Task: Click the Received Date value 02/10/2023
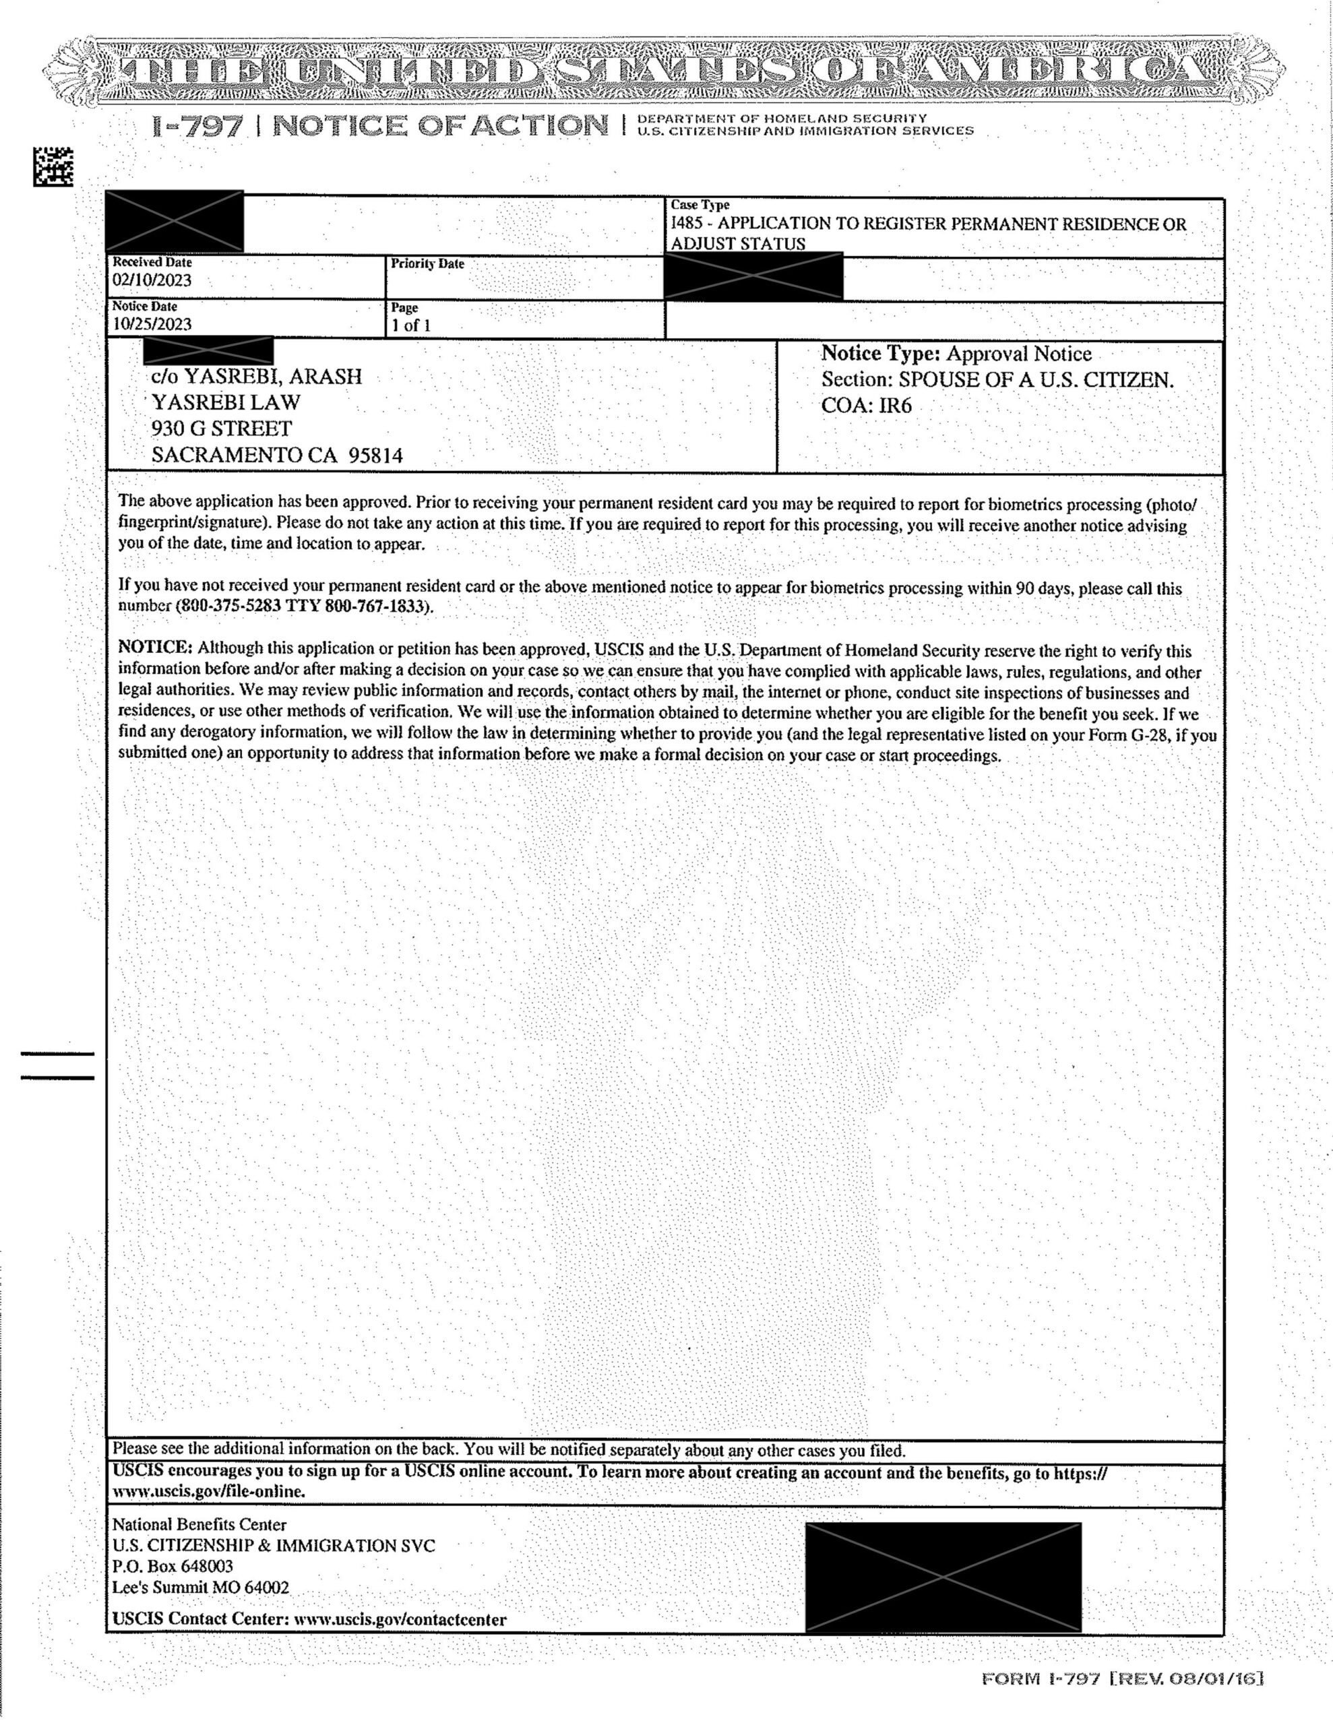152,280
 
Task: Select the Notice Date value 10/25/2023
152,325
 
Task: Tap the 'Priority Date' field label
427,264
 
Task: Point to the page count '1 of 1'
411,325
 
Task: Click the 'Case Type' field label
700,206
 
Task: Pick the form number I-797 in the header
198,127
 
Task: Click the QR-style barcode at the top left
53,166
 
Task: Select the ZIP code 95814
376,456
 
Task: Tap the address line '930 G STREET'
222,429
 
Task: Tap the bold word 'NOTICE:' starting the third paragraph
156,648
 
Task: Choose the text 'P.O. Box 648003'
173,1565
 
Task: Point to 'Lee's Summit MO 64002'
201,1587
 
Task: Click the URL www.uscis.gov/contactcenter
400,1619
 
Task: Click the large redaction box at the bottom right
943,1577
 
